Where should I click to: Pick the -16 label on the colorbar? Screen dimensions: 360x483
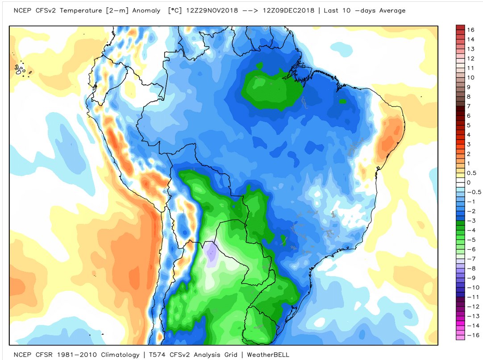[473, 335]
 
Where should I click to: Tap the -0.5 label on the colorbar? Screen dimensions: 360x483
[473, 192]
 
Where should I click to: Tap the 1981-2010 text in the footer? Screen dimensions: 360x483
[76, 355]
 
